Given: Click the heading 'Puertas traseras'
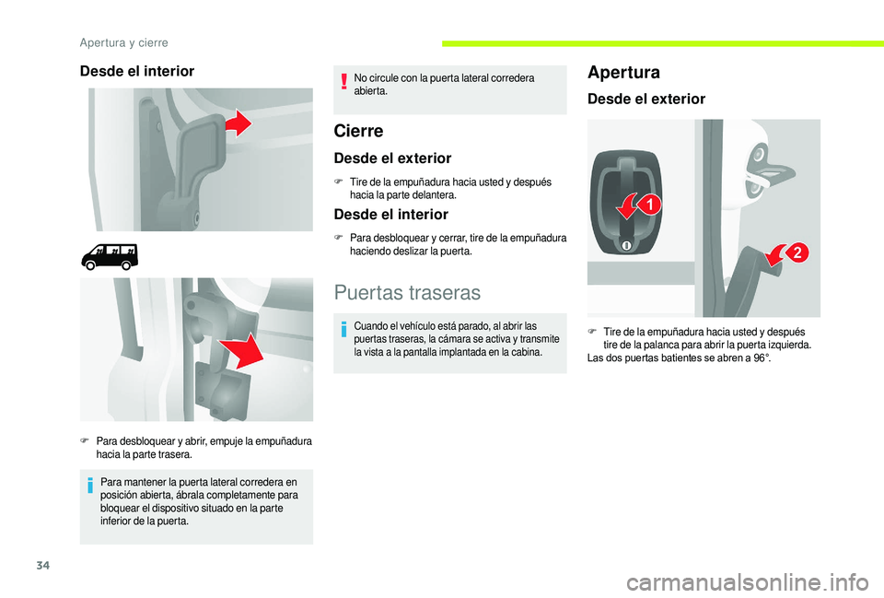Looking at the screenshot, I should pyautogui.click(x=407, y=293).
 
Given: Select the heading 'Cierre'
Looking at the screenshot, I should pyautogui.click(x=358, y=131).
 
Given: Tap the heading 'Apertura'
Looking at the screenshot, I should pyautogui.click(x=622, y=72).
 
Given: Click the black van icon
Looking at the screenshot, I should pyautogui.click(x=110, y=255).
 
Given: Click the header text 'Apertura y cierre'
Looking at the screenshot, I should pyautogui.click(x=123, y=41).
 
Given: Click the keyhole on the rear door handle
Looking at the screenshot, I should pyautogui.click(x=625, y=246).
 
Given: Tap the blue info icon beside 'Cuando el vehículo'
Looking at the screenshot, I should pyautogui.click(x=343, y=331).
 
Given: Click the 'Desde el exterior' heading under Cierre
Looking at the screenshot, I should pyautogui.click(x=392, y=158).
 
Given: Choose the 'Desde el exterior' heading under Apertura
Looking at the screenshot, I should pyautogui.click(x=646, y=99).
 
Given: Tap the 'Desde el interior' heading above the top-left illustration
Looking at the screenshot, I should pyautogui.click(x=137, y=71).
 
